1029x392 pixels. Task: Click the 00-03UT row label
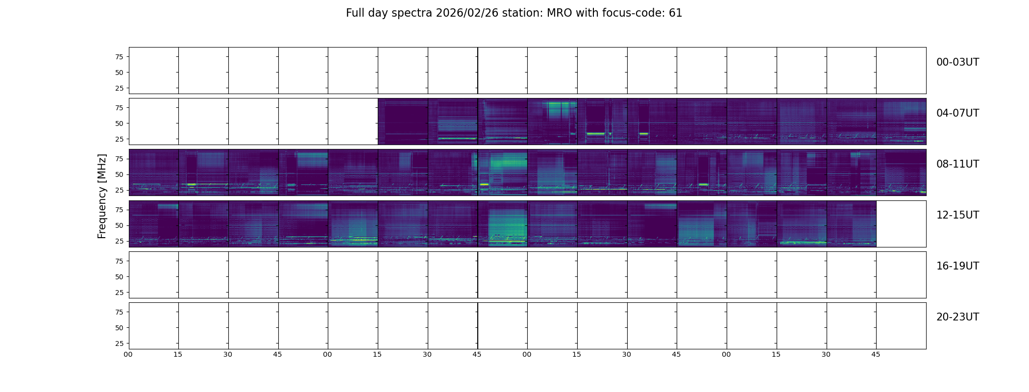tap(957, 62)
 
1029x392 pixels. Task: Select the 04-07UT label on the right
tap(957, 113)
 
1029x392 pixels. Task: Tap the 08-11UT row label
tap(957, 164)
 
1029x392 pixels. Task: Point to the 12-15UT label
tap(957, 215)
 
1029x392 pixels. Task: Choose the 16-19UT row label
tap(957, 266)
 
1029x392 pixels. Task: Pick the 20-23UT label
tap(957, 317)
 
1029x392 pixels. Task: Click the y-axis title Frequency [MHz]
tap(102, 196)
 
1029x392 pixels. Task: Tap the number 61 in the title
tap(676, 13)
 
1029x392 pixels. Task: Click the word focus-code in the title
tap(636, 13)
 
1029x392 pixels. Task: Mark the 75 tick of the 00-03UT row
tap(119, 57)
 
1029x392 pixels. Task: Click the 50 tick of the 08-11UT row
tap(119, 174)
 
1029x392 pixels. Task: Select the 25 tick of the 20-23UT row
tap(119, 343)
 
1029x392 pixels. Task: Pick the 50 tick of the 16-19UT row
tap(119, 277)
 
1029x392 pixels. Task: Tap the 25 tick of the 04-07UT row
tap(119, 139)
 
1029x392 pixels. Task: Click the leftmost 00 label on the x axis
tap(128, 354)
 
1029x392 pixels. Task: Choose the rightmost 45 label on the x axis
tap(876, 354)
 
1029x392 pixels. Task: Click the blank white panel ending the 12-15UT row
tap(901, 224)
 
